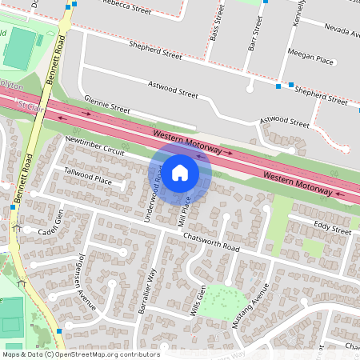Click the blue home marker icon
coord(180,172)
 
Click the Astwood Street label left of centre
coord(172,89)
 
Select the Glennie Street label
coord(107,106)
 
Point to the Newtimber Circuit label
coord(96,146)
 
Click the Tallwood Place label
coord(88,176)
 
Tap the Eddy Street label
coord(333,230)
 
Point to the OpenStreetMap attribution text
coord(80,354)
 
